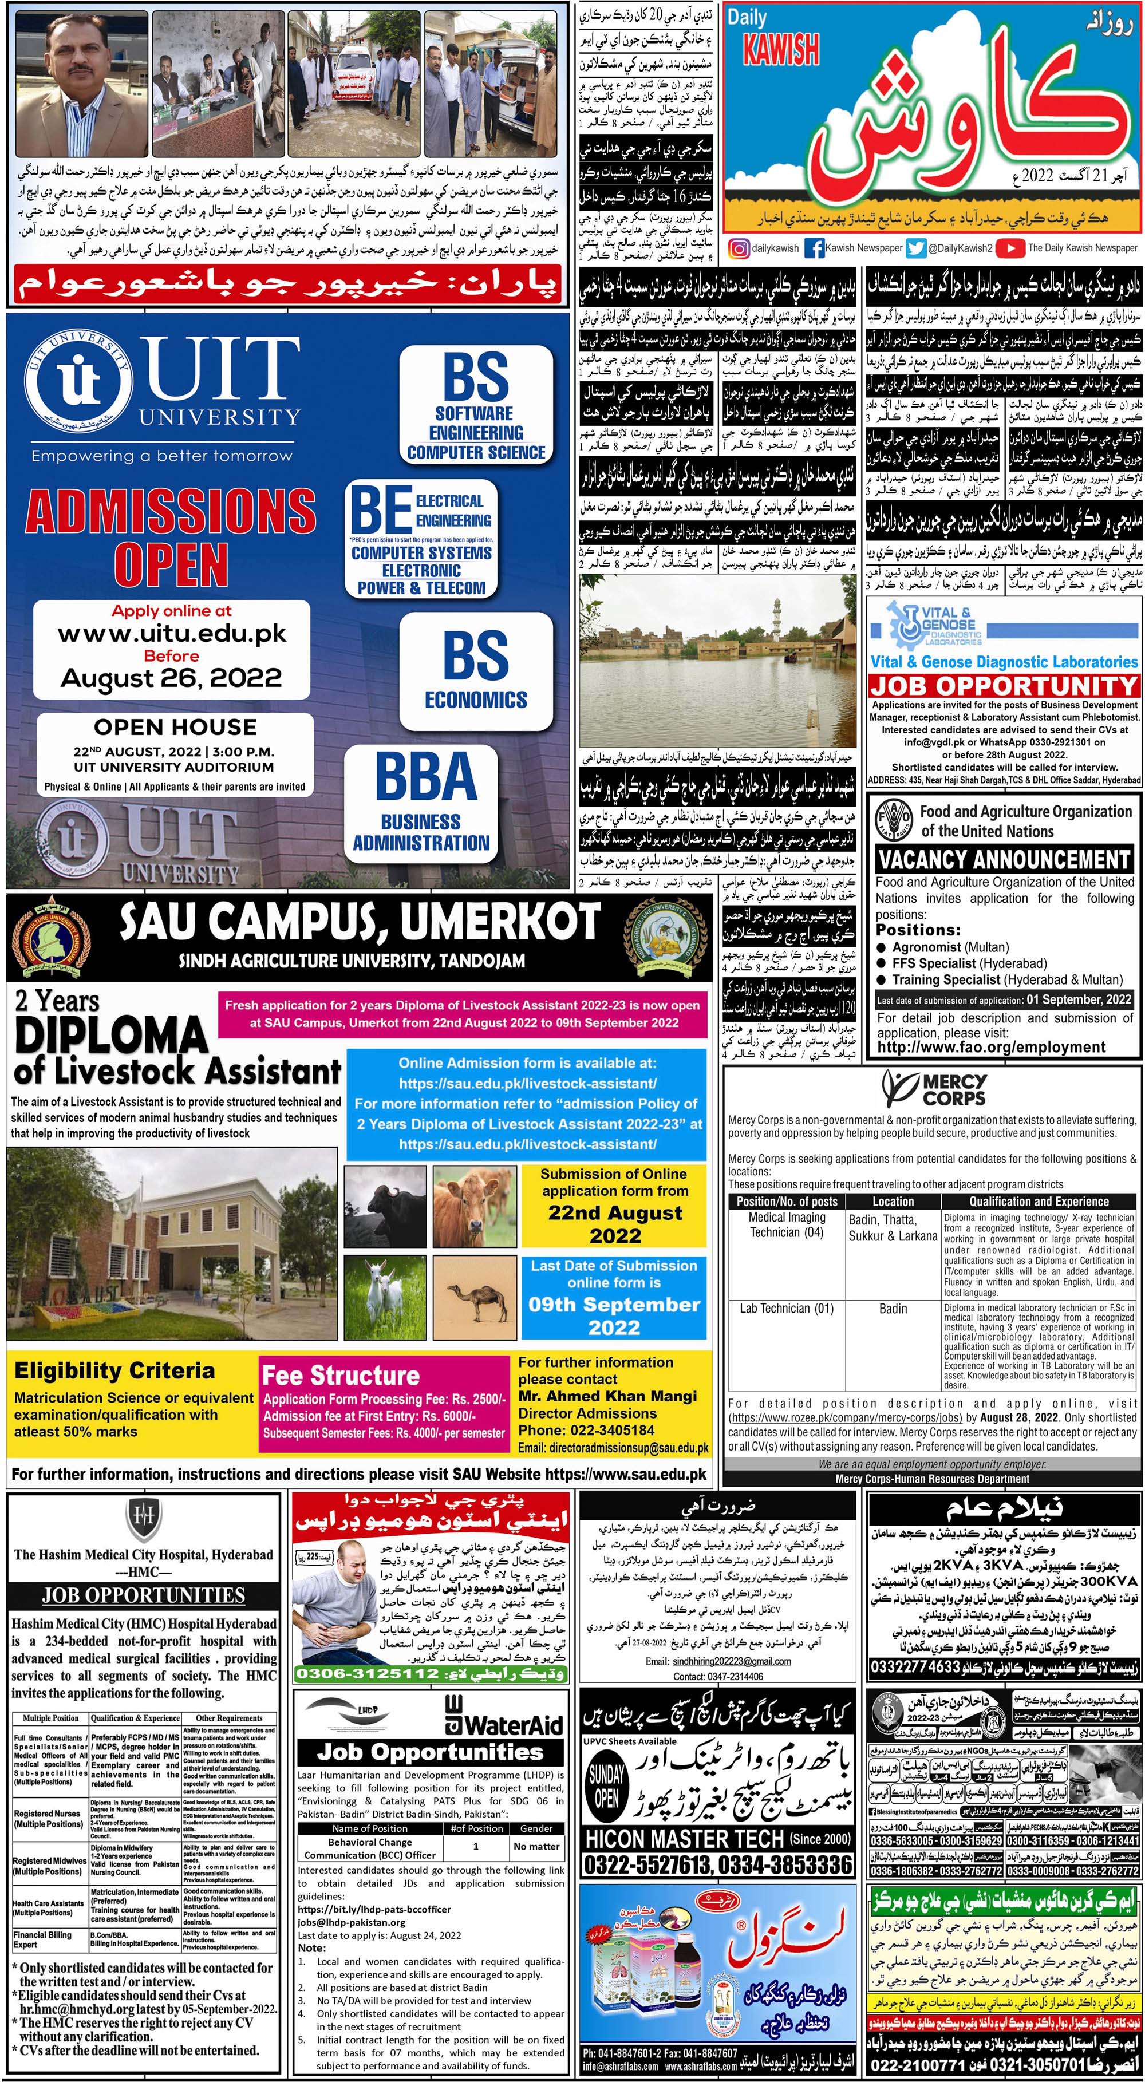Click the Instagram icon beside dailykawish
click(739, 249)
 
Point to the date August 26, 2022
click(171, 677)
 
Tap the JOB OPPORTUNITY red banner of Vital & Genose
click(1004, 686)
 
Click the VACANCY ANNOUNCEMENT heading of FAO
click(1004, 858)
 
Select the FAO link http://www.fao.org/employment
click(992, 1048)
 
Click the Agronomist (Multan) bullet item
click(949, 947)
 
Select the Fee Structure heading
click(341, 1376)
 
